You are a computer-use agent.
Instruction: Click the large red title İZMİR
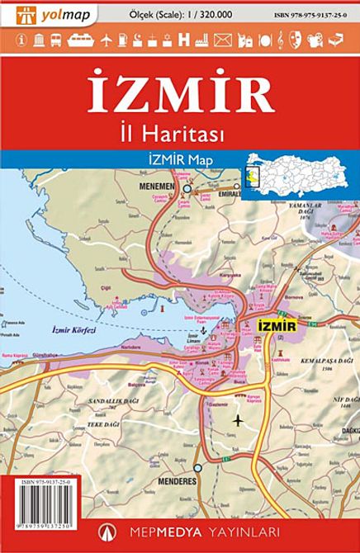tap(181, 94)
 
